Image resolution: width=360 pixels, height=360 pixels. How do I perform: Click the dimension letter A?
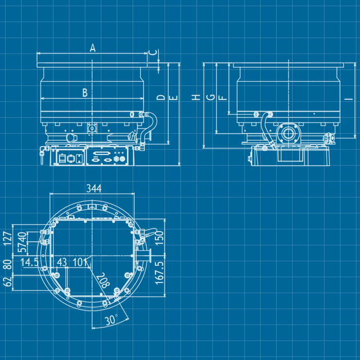coord(93,48)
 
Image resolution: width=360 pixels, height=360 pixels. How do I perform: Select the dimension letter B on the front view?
coord(85,93)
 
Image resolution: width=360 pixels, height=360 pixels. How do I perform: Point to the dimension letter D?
coord(160,97)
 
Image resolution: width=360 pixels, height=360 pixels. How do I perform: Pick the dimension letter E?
coord(173,97)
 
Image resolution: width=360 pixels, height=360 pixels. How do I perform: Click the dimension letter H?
coord(196,97)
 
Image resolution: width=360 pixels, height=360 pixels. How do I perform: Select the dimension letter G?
coord(209,97)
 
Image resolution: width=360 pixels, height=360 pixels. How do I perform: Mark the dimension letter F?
coord(222,97)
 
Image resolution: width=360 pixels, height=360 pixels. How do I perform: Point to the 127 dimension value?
coord(7,239)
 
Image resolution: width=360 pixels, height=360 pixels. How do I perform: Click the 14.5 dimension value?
coord(29,262)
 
